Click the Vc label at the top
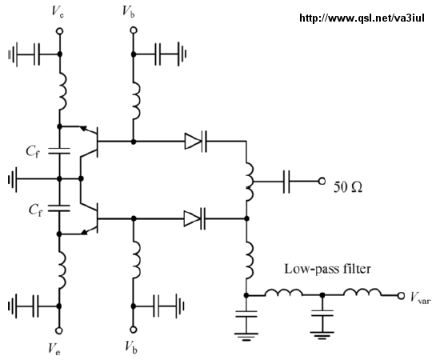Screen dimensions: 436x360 pos(58,12)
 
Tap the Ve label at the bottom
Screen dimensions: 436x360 pos(54,349)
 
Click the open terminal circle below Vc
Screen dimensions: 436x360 pos(59,31)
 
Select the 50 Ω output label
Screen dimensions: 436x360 pos(348,186)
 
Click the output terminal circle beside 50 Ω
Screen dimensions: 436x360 pos(322,182)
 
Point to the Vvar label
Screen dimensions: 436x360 pos(421,297)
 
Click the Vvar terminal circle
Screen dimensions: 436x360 pos(401,296)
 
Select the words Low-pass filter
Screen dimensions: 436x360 pos(327,269)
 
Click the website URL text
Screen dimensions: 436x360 pos(362,18)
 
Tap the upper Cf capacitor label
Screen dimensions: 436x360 pos(33,152)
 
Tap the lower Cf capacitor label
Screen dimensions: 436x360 pos(35,210)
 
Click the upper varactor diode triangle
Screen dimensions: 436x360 pos(193,142)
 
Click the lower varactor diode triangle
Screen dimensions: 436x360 pos(192,218)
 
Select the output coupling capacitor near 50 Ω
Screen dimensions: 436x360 pos(286,182)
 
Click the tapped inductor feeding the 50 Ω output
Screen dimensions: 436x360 pos(249,182)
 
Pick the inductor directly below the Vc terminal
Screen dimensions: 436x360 pos(63,91)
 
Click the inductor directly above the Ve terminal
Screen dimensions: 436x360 pos(62,270)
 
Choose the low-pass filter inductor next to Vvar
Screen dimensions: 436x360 pos(362,293)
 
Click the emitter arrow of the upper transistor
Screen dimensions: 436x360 pos(83,128)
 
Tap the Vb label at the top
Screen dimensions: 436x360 pos(129,12)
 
